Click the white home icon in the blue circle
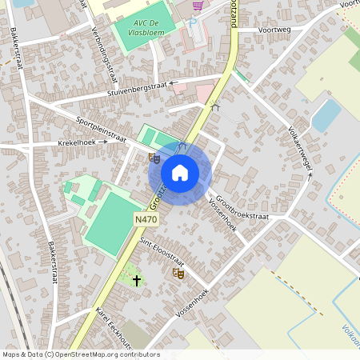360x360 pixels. click(180, 172)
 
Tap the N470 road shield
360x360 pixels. click(146, 218)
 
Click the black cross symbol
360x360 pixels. click(137, 280)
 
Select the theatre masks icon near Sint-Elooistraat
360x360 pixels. click(178, 274)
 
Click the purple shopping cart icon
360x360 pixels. click(198, 6)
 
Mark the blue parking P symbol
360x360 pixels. click(193, 23)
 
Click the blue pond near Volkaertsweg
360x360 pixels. click(326, 116)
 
